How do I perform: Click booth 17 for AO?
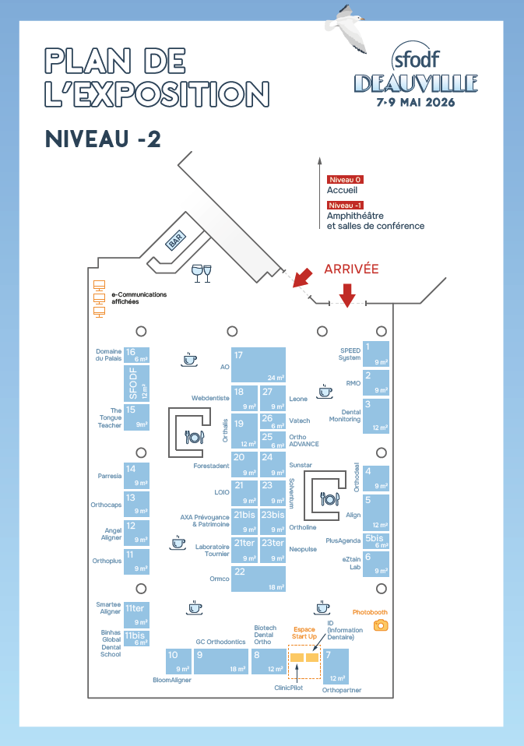tap(258, 364)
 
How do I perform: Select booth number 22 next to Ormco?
tap(258, 579)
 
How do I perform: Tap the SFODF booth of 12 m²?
tap(137, 383)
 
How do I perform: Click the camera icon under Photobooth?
tap(380, 625)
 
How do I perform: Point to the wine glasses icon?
tap(201, 273)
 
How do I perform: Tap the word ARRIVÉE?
tap(351, 269)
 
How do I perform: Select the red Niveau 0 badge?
tap(345, 179)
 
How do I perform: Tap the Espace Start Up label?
tap(304, 632)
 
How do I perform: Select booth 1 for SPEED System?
tap(378, 354)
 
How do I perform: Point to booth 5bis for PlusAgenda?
tap(378, 540)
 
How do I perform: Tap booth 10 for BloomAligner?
tap(178, 661)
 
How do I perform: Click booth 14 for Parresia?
tap(137, 475)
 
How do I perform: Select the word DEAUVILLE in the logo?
tap(416, 83)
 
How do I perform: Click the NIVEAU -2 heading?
tap(103, 139)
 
